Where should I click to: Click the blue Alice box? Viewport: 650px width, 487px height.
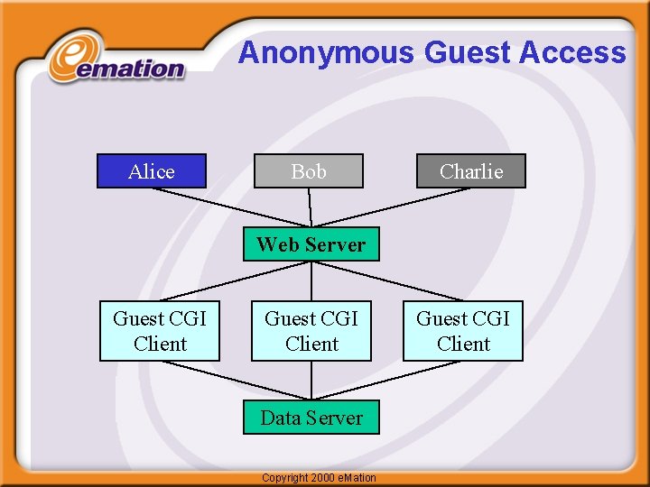click(152, 171)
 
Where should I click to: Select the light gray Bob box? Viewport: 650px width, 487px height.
click(309, 171)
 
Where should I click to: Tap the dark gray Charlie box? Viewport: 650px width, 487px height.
click(470, 171)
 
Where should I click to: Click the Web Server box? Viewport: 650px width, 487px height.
click(311, 244)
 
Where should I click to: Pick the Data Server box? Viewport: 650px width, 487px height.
click(311, 418)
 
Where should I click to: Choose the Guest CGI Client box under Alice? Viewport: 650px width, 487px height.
click(159, 331)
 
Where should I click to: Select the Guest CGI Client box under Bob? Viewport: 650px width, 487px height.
click(311, 331)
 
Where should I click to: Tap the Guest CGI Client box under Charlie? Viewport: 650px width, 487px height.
click(462, 331)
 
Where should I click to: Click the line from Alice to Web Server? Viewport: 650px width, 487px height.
click(230, 207)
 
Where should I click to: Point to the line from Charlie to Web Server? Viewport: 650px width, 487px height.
click(391, 207)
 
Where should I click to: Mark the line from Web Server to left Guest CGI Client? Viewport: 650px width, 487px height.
click(235, 281)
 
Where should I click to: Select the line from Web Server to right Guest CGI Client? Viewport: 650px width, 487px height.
click(386, 281)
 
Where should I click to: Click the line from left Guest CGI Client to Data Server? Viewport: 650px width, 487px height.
click(235, 380)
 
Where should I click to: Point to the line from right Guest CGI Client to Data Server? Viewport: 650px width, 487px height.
click(386, 380)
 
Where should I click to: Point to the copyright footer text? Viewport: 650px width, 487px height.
click(318, 477)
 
